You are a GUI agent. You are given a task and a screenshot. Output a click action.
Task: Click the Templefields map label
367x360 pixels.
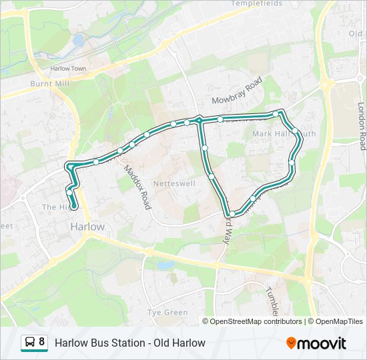[x=258, y=3]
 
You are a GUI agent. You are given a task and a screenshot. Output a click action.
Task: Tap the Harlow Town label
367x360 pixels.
[x=69, y=68]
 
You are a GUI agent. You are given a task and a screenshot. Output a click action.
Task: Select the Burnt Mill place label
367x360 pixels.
[x=50, y=84]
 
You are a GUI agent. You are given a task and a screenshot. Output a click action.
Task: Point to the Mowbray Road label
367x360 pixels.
[x=237, y=91]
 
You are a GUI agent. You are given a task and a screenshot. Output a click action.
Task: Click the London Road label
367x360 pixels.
[x=362, y=125]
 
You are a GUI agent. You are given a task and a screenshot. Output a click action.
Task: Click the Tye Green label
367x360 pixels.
[x=167, y=312]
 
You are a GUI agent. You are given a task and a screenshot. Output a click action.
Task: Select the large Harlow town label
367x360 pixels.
[x=87, y=227]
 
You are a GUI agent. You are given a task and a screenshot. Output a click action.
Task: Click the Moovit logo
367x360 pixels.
[x=316, y=343]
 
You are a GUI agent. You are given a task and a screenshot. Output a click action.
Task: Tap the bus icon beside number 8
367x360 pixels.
[x=31, y=343]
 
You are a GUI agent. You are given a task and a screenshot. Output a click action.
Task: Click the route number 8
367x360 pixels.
[x=42, y=343]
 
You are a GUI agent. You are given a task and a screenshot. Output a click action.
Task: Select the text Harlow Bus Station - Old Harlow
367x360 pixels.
[x=129, y=343]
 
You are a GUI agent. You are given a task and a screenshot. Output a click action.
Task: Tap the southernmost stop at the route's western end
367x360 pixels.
[x=69, y=193]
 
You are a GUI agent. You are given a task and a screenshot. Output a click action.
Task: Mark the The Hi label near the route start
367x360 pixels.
[x=53, y=207]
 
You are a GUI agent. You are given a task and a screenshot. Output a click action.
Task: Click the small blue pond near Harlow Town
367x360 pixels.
[x=79, y=41]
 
